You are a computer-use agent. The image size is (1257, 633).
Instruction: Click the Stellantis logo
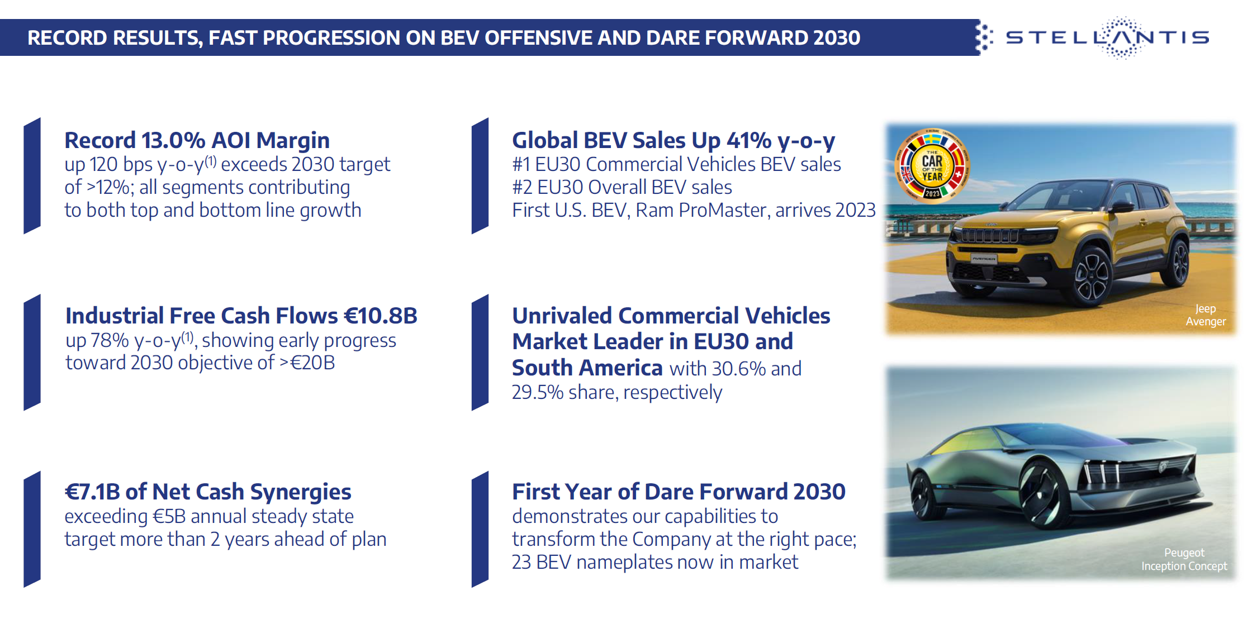pyautogui.click(x=1107, y=37)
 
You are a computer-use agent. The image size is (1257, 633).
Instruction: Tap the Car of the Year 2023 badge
pyautogui.click(x=932, y=166)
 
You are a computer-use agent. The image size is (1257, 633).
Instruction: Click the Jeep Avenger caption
pyautogui.click(x=1206, y=315)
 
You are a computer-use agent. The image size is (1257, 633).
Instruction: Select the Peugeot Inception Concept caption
pyautogui.click(x=1184, y=559)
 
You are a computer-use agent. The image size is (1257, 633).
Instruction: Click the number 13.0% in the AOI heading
pyautogui.click(x=173, y=140)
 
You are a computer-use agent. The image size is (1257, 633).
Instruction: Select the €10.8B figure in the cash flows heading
pyautogui.click(x=381, y=316)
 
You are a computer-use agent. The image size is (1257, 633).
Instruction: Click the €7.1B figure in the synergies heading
pyautogui.click(x=92, y=492)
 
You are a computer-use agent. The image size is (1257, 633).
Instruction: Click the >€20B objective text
pyautogui.click(x=307, y=363)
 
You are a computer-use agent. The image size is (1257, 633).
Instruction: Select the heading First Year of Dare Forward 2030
pyautogui.click(x=679, y=492)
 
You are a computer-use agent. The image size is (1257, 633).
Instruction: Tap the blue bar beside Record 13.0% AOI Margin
pyautogui.click(x=32, y=175)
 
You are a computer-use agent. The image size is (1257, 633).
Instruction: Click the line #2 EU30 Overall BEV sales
pyautogui.click(x=622, y=187)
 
